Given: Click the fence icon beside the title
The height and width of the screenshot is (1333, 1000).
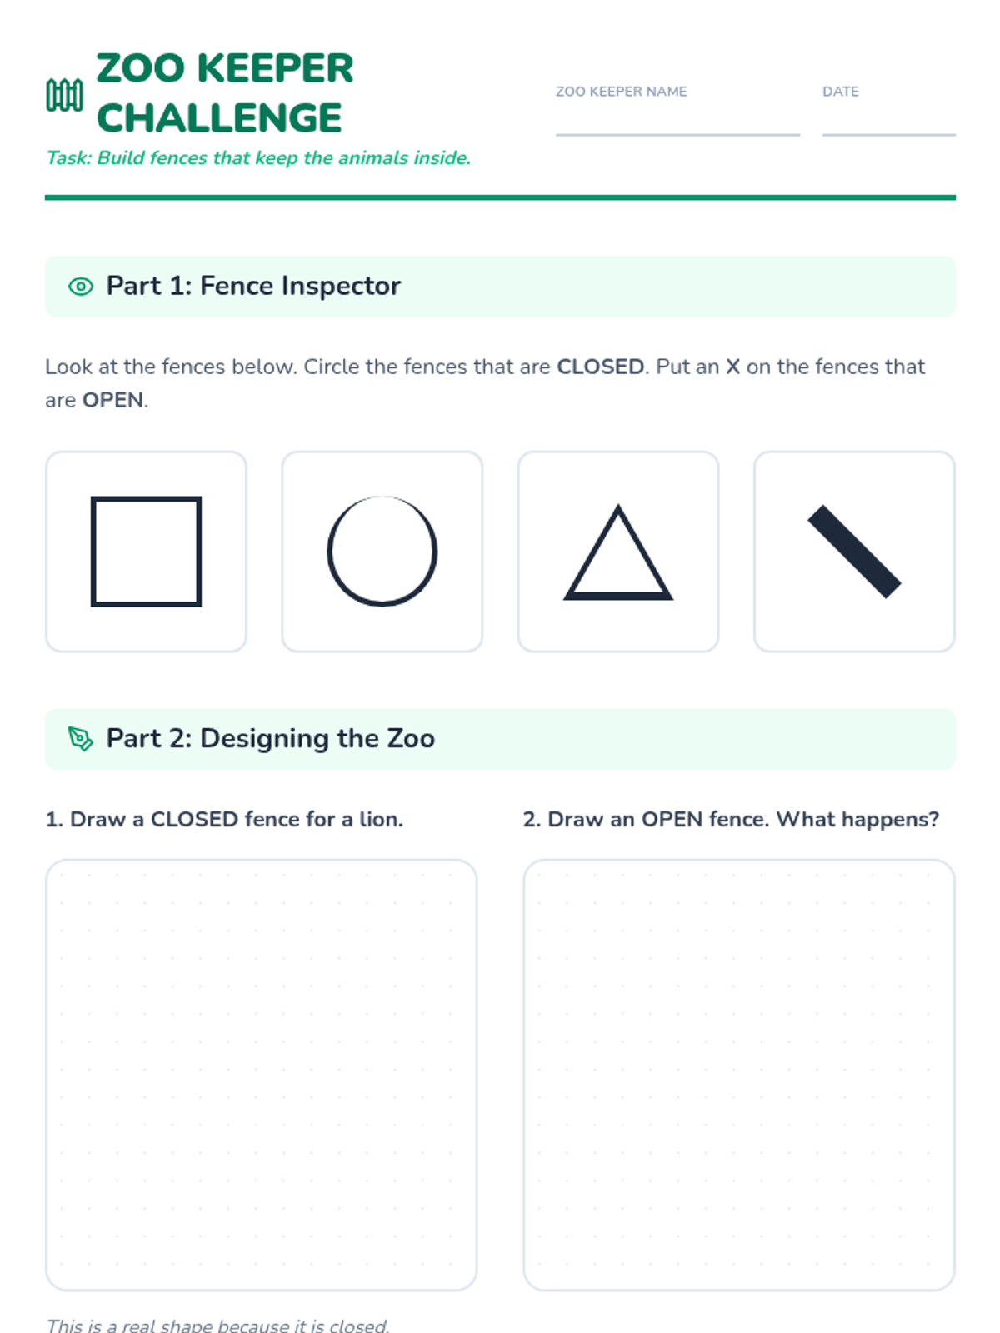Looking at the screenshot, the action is tap(64, 95).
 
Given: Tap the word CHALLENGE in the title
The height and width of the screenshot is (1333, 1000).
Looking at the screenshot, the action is tap(219, 117).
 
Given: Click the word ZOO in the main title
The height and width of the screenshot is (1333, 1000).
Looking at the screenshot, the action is tap(140, 68).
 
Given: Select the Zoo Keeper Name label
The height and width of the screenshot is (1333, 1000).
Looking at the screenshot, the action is tap(621, 92).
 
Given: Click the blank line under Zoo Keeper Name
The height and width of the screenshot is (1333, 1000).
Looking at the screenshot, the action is tap(677, 135).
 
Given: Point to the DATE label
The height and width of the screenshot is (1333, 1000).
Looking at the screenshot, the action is tap(840, 92).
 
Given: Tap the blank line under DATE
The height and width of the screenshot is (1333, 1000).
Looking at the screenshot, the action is tap(889, 135).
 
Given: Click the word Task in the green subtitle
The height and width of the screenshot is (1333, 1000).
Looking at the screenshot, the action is tap(68, 158).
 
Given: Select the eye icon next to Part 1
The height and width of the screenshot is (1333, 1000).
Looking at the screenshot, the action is tap(81, 287).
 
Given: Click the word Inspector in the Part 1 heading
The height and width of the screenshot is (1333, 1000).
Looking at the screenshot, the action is tap(341, 287).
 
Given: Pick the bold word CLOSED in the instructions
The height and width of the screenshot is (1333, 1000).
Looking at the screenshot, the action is tap(601, 367).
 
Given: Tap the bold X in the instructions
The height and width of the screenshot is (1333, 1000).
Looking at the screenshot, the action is tap(732, 367).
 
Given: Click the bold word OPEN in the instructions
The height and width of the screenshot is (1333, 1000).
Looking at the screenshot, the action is tap(113, 400).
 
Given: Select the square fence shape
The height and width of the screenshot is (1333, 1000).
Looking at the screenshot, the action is tap(92, 552).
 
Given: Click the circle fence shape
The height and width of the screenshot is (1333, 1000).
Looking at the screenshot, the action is tap(328, 552).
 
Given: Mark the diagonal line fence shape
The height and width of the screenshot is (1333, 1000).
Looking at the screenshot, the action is tap(854, 552).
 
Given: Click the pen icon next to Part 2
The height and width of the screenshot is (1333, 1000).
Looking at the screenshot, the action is tap(80, 739).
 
